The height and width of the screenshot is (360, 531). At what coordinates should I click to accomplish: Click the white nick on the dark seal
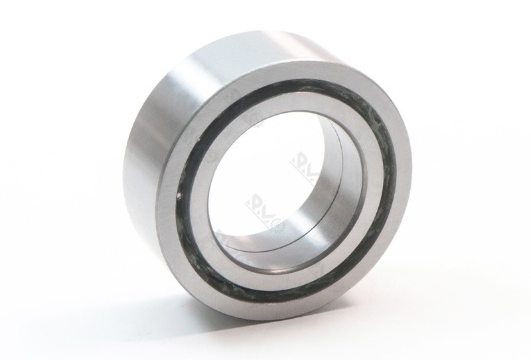pos(180,197)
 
